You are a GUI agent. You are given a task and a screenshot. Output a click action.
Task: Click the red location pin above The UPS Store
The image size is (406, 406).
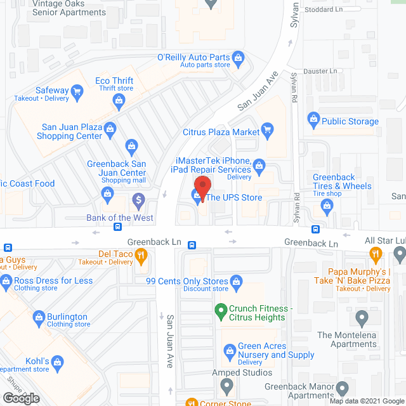202,188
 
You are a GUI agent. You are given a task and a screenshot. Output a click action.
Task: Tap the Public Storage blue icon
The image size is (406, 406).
313,118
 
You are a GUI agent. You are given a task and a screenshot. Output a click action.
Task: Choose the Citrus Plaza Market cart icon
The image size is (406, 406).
268,132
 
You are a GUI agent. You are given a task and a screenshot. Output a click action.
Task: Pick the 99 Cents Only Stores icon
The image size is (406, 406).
237,280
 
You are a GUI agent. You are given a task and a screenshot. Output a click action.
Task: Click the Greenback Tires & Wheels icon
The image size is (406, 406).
327,204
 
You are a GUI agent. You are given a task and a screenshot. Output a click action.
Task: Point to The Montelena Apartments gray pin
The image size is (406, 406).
362,317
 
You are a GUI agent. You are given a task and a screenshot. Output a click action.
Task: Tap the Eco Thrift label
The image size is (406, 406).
114,81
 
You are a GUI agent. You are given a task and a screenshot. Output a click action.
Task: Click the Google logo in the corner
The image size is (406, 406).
21,398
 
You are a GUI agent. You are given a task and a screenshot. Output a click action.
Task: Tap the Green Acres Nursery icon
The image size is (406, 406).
230,350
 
